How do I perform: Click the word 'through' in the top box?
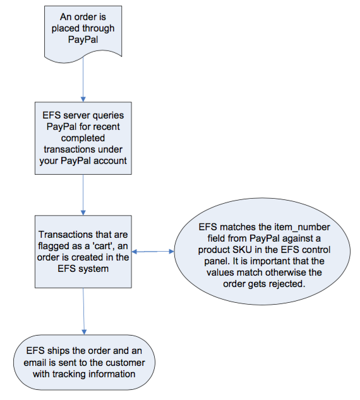tap(99, 28)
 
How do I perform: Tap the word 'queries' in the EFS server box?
tap(108, 115)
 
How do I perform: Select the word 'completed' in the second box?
tap(83, 138)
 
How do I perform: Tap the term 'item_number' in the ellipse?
tap(302, 227)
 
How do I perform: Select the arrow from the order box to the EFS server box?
tap(83, 79)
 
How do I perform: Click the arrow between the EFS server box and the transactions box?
tap(83, 195)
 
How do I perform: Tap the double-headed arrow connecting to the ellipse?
tap(153, 252)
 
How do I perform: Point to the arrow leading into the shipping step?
tap(83, 311)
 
